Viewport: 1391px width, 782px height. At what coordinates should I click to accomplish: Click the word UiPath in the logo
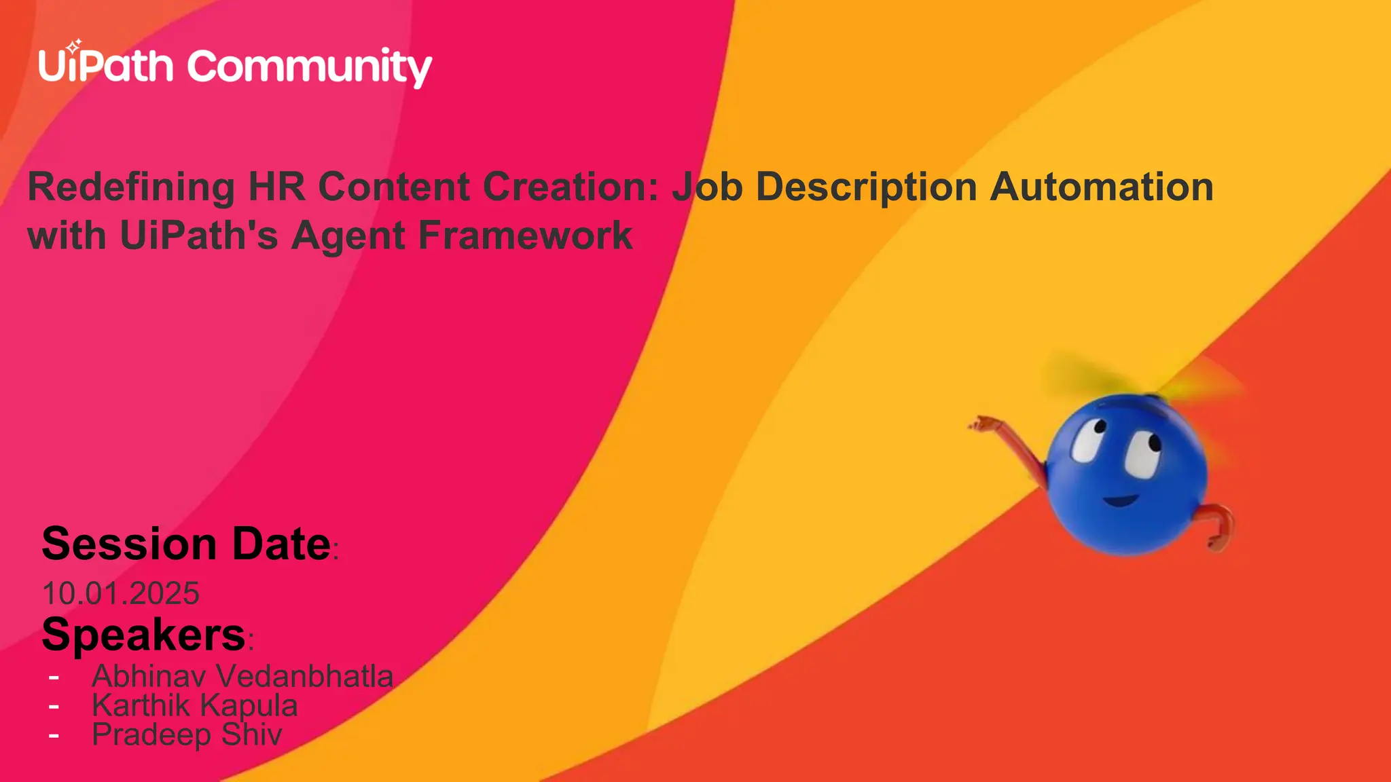(106, 67)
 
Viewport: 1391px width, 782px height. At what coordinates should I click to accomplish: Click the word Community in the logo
(309, 68)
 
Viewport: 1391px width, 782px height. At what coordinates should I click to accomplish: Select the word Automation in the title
(1101, 187)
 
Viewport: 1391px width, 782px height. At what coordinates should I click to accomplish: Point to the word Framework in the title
(525, 236)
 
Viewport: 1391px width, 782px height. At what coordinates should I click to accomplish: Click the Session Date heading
(186, 544)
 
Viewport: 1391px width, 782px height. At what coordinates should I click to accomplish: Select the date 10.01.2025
(121, 593)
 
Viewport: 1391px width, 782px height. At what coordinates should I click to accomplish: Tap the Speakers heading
(143, 635)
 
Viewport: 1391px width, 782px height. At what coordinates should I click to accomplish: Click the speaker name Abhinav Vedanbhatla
(242, 676)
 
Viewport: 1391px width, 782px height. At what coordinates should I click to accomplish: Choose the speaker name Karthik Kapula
(195, 705)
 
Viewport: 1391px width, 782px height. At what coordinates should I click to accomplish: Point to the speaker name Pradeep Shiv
(187, 734)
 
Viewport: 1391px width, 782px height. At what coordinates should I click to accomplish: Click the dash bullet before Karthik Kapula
(54, 706)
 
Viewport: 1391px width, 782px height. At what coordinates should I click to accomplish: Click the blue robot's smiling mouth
(1121, 501)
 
